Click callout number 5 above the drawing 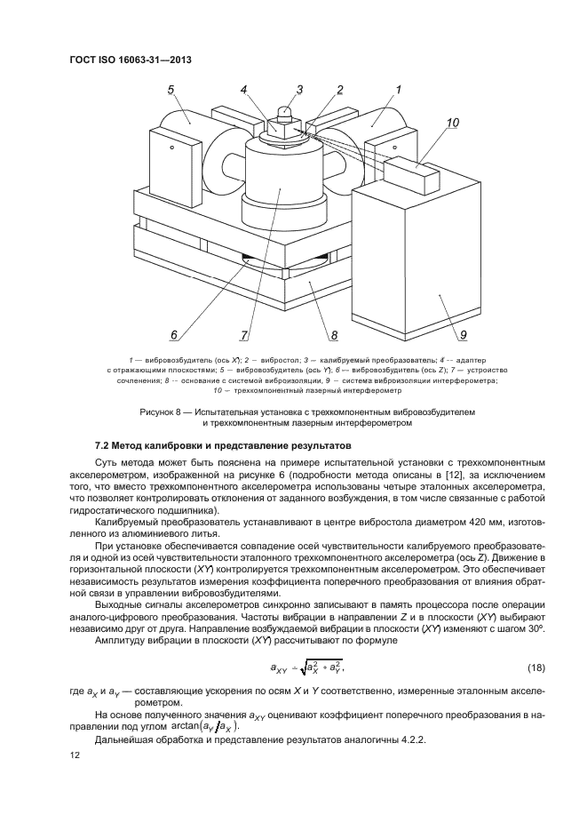[171, 90]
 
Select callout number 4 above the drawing [243, 90]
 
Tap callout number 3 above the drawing [299, 89]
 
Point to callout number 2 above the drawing [339, 90]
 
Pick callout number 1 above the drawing [399, 90]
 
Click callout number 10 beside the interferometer [453, 124]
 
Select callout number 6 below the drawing [174, 335]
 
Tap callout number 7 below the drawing [242, 335]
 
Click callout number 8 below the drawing [335, 335]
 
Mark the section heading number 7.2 [104, 444]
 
